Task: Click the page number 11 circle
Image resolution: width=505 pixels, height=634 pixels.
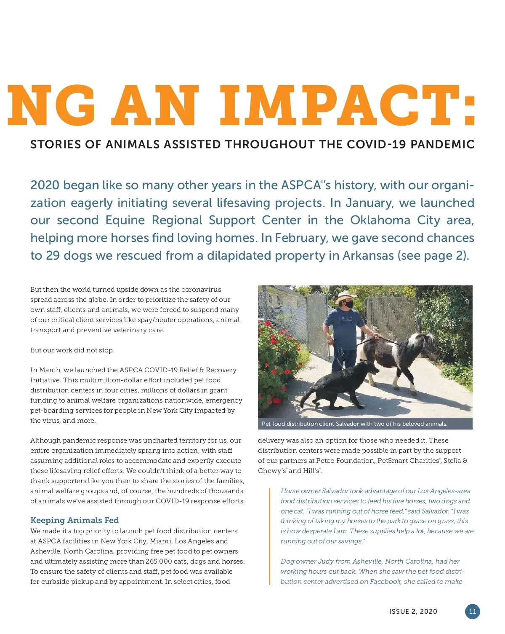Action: (x=472, y=612)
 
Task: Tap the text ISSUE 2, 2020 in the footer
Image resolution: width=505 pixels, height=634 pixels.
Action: (x=413, y=612)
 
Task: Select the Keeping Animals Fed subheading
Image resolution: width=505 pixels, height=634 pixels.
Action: (x=74, y=520)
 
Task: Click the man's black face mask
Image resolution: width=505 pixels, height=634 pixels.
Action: (x=348, y=304)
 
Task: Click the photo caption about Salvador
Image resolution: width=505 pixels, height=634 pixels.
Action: (x=354, y=424)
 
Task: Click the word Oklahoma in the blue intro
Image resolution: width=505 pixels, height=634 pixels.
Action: (x=380, y=220)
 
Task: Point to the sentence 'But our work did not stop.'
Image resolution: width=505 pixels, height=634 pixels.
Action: (x=72, y=350)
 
